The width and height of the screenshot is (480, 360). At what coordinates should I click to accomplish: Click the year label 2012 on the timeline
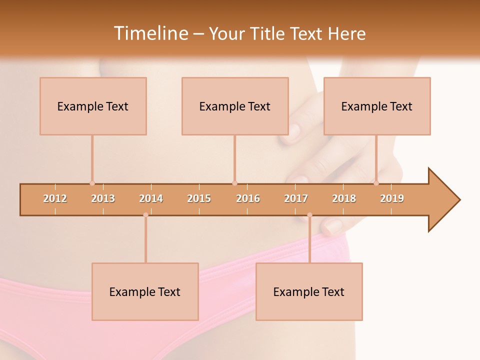pos(55,198)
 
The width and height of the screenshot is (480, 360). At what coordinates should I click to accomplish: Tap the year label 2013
pos(103,198)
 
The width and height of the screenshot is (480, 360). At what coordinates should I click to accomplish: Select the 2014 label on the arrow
pos(151,198)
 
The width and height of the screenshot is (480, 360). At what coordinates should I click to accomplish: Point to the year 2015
pos(199,198)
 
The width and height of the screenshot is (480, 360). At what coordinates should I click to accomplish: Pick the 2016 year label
pos(248,198)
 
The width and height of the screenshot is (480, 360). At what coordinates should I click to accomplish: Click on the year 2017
pos(296,198)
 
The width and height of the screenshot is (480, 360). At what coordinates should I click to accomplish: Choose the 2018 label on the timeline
pos(344,198)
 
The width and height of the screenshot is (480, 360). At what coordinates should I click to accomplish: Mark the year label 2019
pos(392,198)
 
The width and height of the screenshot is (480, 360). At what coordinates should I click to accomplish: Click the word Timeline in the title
pos(150,33)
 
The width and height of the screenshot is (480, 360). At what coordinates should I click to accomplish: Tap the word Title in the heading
pos(268,33)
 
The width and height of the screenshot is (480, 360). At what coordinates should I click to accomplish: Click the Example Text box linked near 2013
pos(93,106)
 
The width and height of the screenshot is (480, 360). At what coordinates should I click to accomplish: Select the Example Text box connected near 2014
pos(145,291)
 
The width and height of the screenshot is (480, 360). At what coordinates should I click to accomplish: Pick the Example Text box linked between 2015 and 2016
pos(235,106)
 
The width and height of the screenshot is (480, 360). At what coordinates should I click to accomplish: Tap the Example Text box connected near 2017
pos(309,291)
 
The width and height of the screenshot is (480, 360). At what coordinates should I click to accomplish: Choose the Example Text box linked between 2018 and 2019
pos(377,106)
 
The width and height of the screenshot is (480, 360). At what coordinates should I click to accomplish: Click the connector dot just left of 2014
pos(145,215)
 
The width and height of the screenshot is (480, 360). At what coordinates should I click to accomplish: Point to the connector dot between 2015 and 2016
pos(234,183)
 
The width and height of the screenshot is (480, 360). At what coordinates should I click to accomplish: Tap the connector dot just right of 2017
pos(309,215)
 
